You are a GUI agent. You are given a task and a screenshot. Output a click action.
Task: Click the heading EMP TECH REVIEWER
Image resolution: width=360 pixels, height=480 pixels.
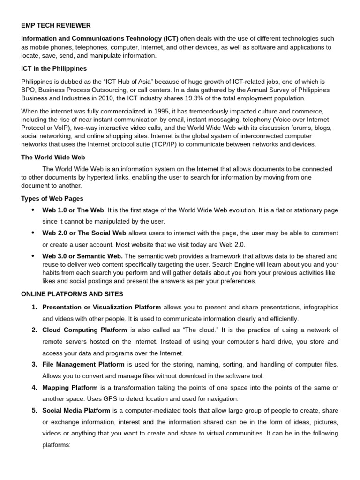[56, 25]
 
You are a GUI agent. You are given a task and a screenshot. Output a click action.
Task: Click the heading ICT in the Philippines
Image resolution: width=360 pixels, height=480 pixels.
[54, 68]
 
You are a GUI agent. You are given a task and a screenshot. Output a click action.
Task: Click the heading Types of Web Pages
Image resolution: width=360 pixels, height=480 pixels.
[52, 198]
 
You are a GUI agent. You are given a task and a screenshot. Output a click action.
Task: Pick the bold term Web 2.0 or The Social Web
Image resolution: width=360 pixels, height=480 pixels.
[84, 233]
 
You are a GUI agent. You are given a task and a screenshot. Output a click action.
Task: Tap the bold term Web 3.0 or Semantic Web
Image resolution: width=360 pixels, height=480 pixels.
[82, 256]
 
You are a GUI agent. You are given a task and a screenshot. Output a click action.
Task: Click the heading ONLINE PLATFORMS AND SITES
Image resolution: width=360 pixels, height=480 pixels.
[72, 294]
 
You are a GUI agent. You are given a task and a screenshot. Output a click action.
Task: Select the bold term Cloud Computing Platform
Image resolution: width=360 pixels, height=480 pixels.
[84, 330]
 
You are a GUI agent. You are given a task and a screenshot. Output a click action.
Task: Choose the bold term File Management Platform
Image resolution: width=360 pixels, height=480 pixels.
[83, 364]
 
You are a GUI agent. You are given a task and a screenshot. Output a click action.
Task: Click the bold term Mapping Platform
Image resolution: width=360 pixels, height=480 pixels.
[70, 388]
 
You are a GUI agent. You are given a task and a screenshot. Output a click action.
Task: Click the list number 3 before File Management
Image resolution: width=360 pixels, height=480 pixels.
[34, 364]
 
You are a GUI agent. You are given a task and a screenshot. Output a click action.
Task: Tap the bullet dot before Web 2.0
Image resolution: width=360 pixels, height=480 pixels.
[32, 233]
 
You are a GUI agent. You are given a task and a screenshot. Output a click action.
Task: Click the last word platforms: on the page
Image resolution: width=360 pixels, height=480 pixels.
[56, 445]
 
